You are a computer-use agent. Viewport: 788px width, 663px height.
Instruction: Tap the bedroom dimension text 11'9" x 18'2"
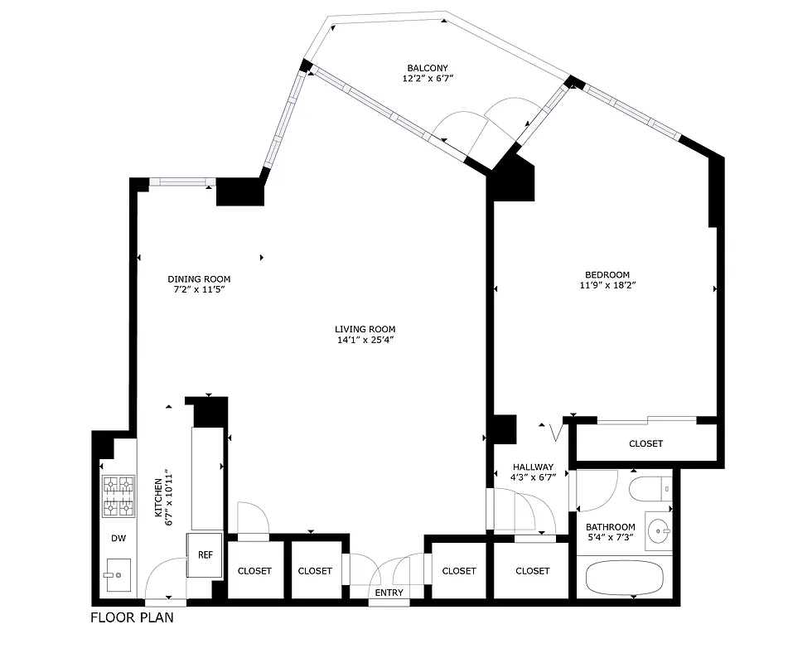(x=607, y=285)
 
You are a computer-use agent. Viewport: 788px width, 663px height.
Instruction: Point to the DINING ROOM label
(x=199, y=279)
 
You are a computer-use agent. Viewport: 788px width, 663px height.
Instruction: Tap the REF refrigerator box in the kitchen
(x=205, y=555)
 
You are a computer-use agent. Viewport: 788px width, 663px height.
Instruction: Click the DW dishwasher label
(x=118, y=538)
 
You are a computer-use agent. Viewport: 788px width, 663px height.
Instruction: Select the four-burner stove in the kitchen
(x=118, y=496)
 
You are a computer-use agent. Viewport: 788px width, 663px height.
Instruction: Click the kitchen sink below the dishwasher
(x=118, y=573)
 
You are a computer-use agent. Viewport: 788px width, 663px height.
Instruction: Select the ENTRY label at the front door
(x=389, y=593)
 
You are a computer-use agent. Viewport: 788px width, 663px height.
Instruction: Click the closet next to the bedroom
(x=645, y=443)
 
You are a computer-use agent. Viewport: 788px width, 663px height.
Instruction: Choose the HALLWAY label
(x=532, y=467)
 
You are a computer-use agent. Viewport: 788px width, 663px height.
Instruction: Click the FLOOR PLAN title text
(x=132, y=617)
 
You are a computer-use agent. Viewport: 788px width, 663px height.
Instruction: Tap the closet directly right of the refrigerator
(x=254, y=570)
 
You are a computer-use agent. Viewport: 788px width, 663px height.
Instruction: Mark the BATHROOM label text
(x=611, y=527)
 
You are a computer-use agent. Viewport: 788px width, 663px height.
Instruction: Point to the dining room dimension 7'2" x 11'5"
(x=199, y=290)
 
